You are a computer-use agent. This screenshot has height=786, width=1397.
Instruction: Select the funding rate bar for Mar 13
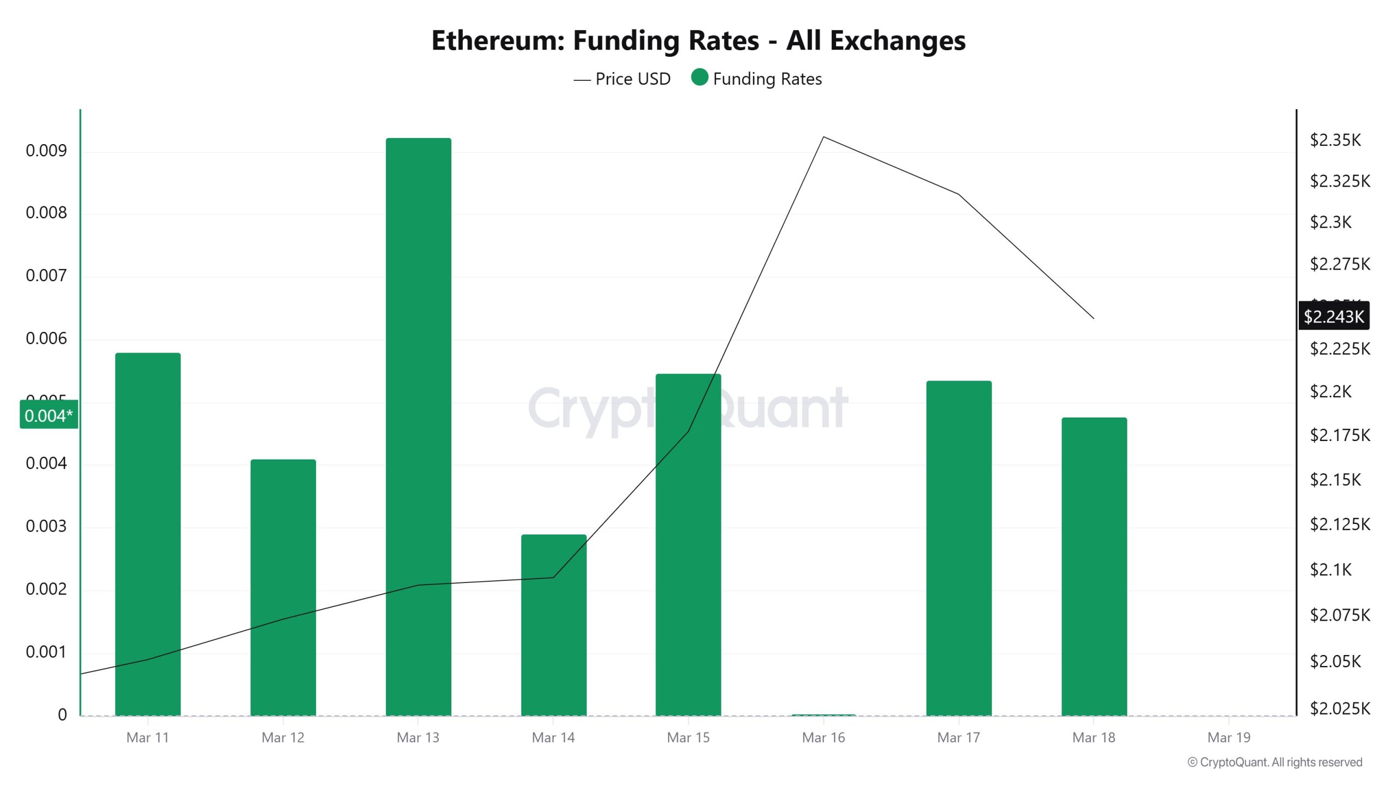(418, 426)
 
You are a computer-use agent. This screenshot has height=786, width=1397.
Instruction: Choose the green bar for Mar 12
(283, 587)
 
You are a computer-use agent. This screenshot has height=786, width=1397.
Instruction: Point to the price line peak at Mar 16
(823, 137)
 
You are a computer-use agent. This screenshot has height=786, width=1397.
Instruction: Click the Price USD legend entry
(622, 79)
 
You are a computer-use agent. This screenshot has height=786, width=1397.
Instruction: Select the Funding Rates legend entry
(756, 79)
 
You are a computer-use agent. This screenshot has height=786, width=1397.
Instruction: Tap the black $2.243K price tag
(1334, 316)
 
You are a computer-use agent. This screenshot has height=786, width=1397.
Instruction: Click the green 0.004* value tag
(49, 415)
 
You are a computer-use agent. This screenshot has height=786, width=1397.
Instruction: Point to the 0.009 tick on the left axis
(46, 151)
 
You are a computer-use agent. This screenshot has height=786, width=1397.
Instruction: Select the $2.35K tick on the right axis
(1335, 140)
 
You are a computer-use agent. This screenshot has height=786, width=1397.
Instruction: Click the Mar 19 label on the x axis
(1228, 737)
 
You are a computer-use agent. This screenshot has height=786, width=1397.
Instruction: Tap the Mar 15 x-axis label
(688, 737)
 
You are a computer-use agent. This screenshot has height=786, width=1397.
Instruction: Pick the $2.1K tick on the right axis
(1330, 570)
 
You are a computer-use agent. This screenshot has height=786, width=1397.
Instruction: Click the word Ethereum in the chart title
(498, 40)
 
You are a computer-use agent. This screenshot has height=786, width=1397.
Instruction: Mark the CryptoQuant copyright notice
(1275, 762)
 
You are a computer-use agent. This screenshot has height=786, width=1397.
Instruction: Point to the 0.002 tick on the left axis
(46, 589)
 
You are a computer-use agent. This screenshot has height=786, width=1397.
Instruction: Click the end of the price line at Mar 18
(1094, 318)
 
